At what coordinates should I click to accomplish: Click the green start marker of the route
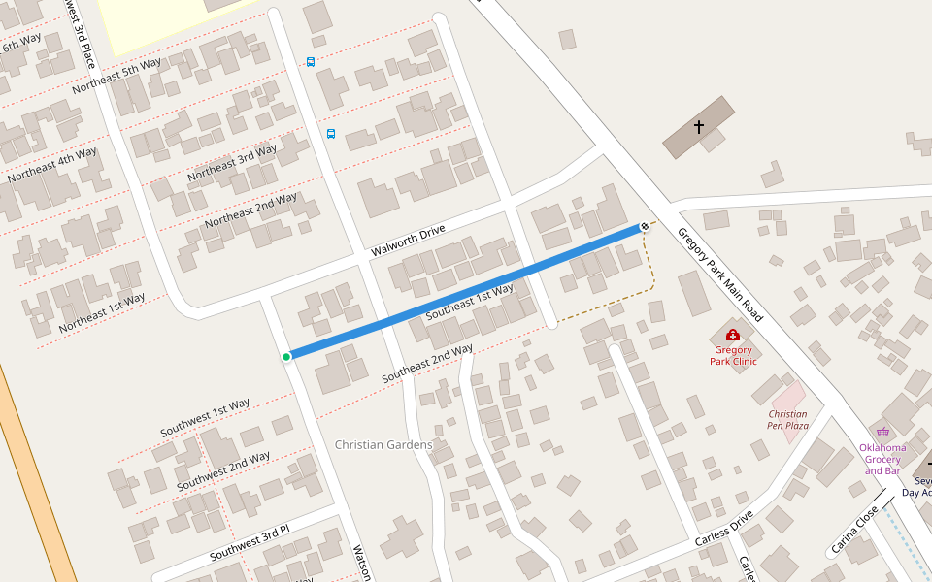[286, 357]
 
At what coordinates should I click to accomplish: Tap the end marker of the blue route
[645, 227]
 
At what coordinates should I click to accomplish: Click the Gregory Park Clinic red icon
[732, 335]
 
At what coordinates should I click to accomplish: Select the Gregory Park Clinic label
[732, 355]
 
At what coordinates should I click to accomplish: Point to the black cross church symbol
[699, 127]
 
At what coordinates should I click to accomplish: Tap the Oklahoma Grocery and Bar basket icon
[882, 433]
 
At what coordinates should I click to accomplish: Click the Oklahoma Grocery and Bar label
[882, 459]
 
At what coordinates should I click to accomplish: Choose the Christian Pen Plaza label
[787, 419]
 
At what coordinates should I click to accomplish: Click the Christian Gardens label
[383, 445]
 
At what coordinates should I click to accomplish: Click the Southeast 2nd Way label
[427, 363]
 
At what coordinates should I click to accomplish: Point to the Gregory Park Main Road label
[719, 275]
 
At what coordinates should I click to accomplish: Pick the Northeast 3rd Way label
[232, 162]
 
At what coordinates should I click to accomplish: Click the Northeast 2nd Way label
[250, 210]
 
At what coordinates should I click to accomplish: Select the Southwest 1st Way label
[205, 417]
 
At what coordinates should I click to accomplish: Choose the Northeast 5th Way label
[116, 77]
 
